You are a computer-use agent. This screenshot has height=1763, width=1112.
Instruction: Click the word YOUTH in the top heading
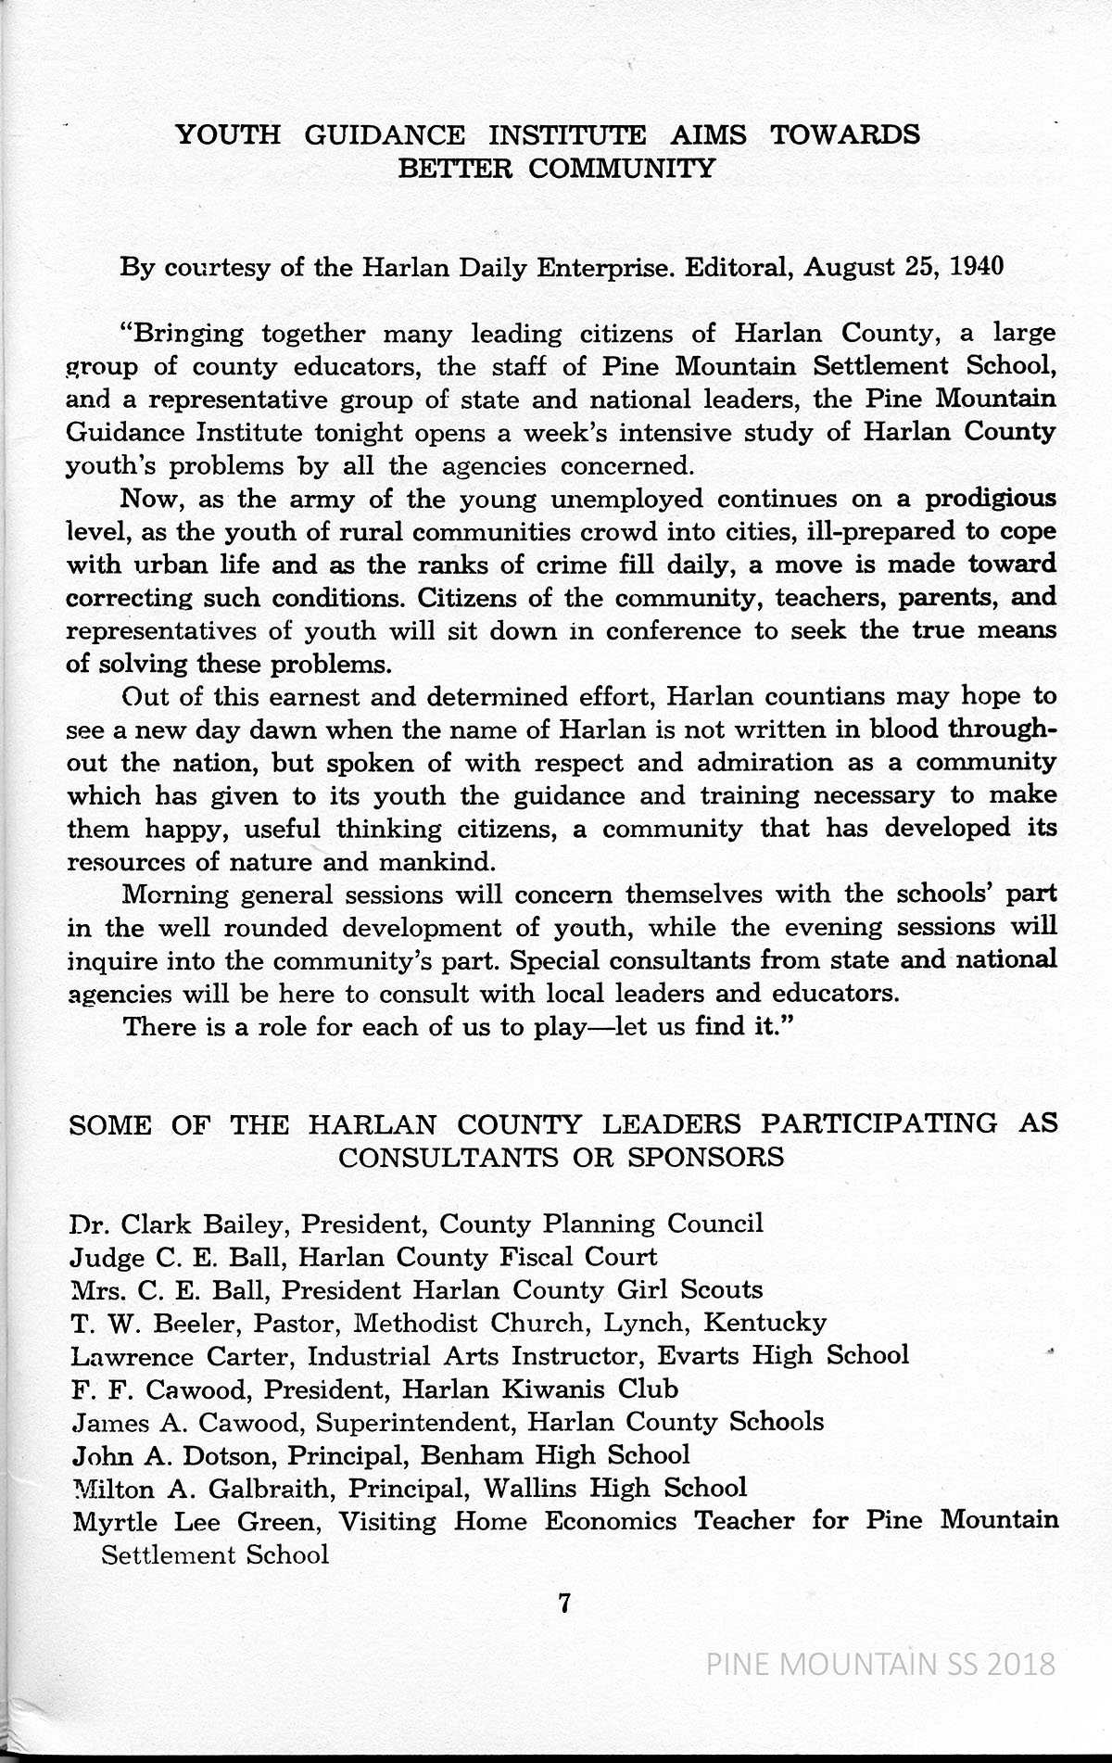click(x=228, y=135)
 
